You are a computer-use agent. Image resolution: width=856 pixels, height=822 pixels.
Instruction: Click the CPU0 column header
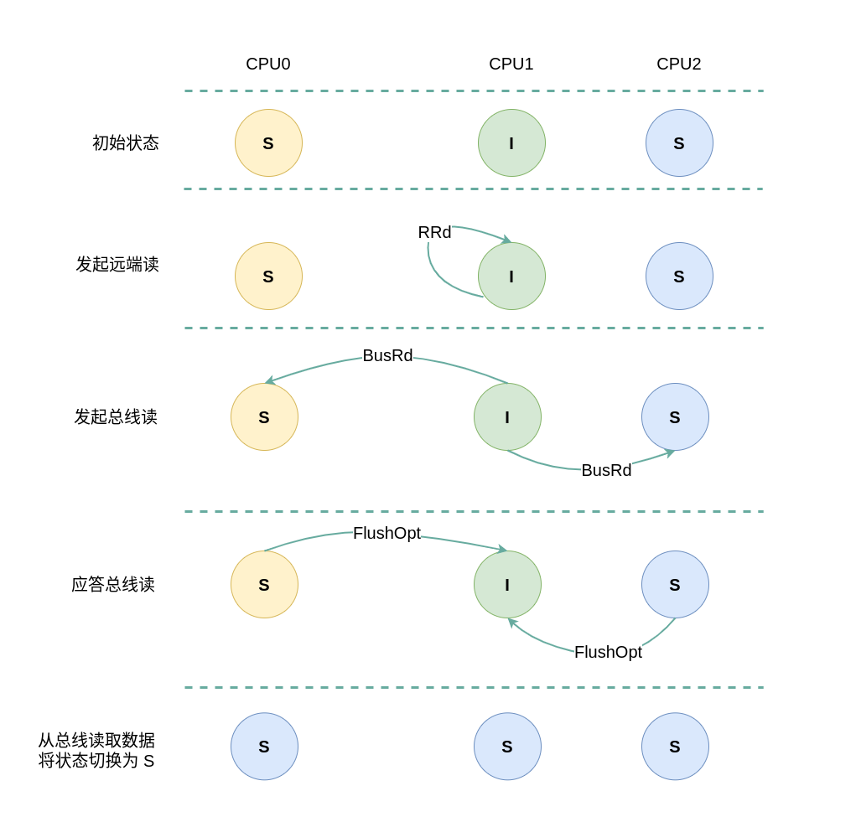click(x=268, y=64)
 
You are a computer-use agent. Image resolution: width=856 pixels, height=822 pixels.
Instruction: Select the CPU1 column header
click(x=511, y=64)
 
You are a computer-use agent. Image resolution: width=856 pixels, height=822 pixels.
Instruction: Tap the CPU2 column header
click(x=679, y=64)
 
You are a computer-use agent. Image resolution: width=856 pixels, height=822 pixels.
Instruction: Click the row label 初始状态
click(x=126, y=142)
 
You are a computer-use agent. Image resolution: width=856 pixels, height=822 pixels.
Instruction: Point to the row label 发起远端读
click(x=117, y=264)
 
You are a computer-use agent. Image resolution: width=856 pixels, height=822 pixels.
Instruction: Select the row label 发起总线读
click(x=116, y=416)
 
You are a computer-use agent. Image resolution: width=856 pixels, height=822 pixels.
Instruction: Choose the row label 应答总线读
click(x=113, y=584)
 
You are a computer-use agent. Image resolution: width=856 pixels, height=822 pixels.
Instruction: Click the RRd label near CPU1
click(x=434, y=232)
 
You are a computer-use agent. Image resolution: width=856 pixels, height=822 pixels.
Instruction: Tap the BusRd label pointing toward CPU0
click(x=387, y=355)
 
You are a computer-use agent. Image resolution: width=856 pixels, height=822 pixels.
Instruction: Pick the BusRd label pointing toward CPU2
click(x=606, y=470)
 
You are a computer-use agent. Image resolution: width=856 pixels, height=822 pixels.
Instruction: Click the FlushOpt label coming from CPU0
click(x=386, y=533)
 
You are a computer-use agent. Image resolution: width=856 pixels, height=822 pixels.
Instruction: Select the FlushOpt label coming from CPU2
click(x=608, y=652)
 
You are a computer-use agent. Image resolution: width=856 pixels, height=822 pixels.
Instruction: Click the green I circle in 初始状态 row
click(x=511, y=142)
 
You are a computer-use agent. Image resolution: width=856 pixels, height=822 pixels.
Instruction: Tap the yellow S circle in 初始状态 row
click(x=268, y=142)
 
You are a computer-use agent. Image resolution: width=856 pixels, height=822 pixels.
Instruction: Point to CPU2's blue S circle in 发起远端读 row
click(x=679, y=276)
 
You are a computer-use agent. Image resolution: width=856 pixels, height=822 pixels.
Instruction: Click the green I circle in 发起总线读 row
click(x=507, y=416)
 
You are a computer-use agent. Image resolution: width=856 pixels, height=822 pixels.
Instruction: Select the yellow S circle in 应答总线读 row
click(x=264, y=584)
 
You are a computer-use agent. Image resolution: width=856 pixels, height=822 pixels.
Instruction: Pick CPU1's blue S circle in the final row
click(x=507, y=746)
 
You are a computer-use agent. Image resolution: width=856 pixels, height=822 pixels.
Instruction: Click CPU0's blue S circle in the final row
click(x=264, y=746)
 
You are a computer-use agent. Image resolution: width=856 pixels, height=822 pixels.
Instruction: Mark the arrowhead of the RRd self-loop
click(x=507, y=240)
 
